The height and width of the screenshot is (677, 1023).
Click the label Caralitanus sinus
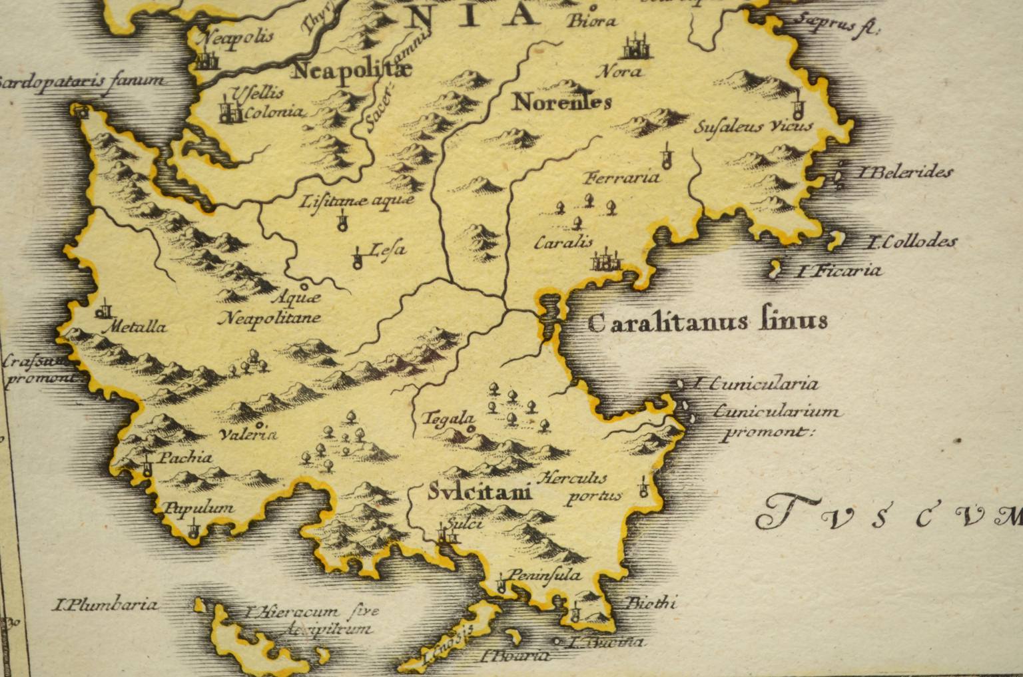[x=708, y=322]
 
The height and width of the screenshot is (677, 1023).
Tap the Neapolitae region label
[x=352, y=70]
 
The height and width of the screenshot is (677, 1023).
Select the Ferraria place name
[x=621, y=177]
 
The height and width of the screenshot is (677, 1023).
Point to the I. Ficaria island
[x=776, y=270]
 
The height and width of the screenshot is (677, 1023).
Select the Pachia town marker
[x=147, y=467]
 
